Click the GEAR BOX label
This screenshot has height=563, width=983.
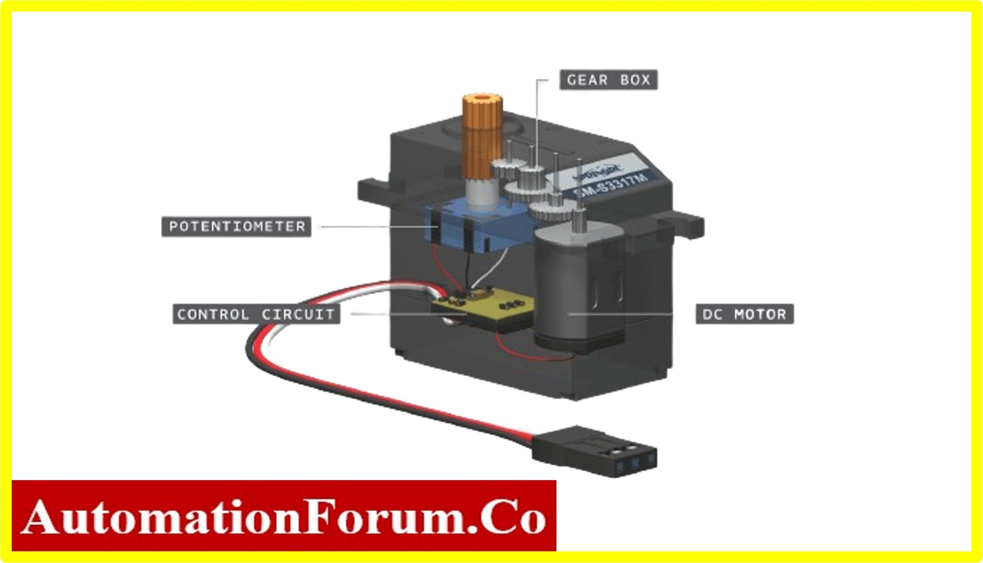pyautogui.click(x=608, y=80)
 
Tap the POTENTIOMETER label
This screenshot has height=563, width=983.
pyautogui.click(x=236, y=226)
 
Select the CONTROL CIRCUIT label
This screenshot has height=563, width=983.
pyautogui.click(x=256, y=315)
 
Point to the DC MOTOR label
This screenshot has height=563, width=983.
pyautogui.click(x=744, y=315)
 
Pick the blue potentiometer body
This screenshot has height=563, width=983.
pyautogui.click(x=461, y=225)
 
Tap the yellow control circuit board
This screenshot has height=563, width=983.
pyautogui.click(x=485, y=307)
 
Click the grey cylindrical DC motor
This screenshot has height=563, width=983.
pyautogui.click(x=578, y=288)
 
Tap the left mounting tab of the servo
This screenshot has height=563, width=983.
pyautogui.click(x=374, y=191)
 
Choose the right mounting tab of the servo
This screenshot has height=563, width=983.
pyautogui.click(x=684, y=225)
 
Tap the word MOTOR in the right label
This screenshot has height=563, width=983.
pyautogui.click(x=760, y=315)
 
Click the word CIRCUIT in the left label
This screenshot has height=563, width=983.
pyautogui.click(x=298, y=315)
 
